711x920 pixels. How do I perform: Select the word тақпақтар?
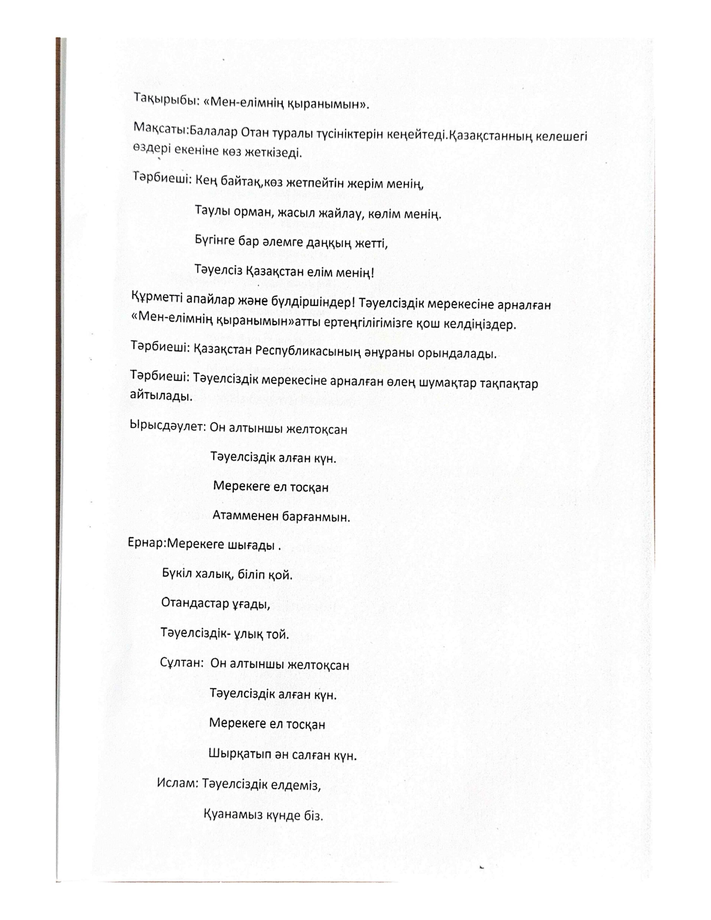click(x=509, y=385)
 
